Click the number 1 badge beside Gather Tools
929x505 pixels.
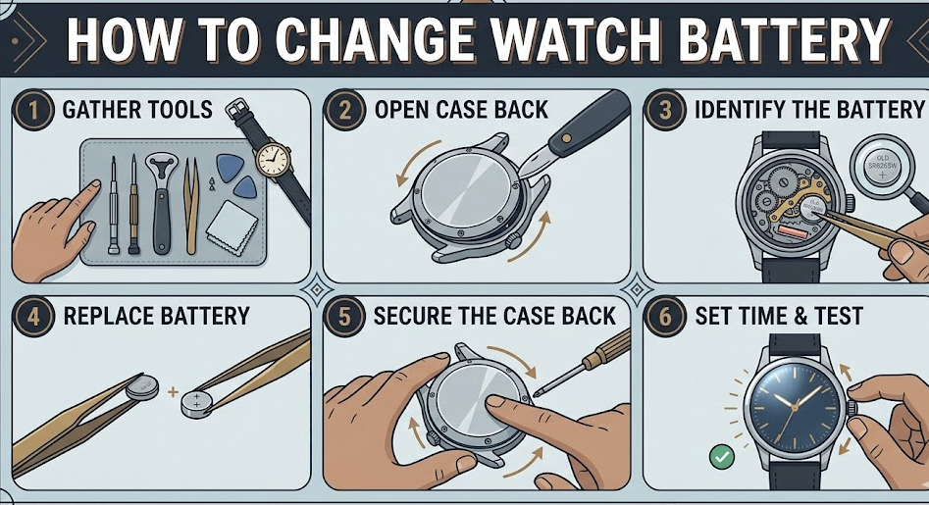(32, 109)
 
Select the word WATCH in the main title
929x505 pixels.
(572, 42)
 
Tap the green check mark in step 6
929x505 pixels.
(722, 456)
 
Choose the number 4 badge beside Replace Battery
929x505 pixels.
(32, 316)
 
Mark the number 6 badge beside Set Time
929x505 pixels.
(665, 316)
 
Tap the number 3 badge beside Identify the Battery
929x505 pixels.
(665, 109)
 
